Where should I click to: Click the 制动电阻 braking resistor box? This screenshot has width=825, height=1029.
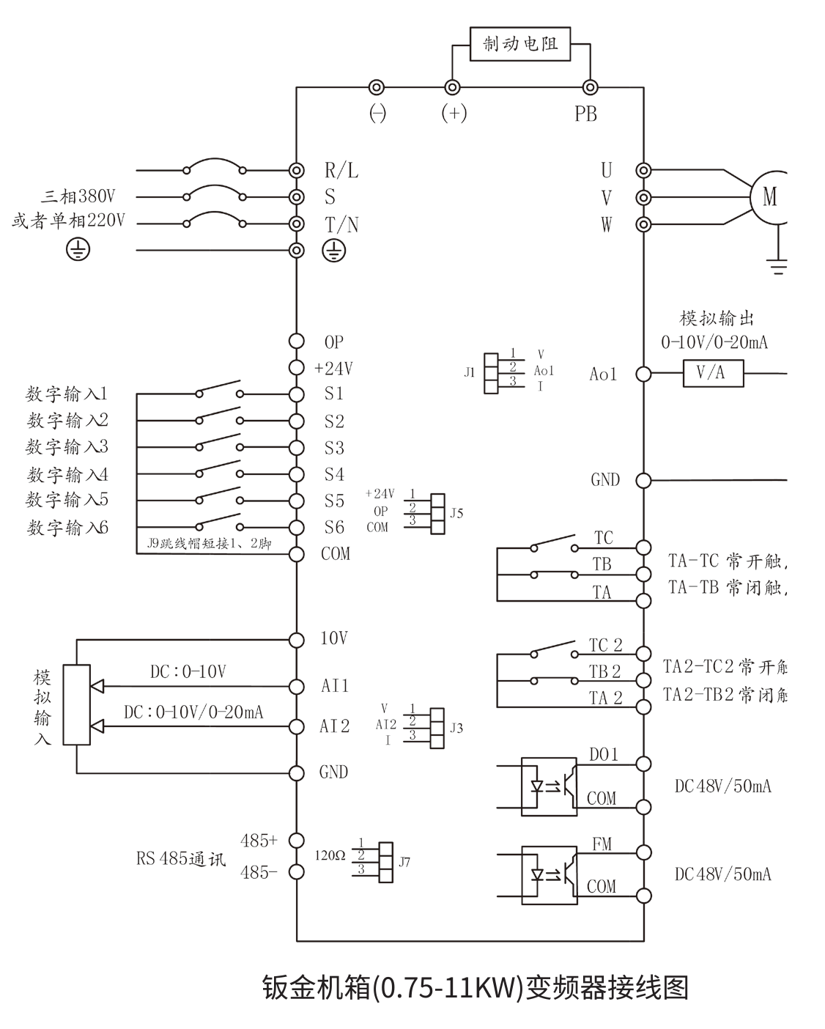(x=520, y=45)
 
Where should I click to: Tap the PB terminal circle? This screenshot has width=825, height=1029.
(x=589, y=87)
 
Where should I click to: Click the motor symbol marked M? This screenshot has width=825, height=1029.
(x=769, y=196)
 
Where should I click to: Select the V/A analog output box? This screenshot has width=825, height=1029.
(x=713, y=373)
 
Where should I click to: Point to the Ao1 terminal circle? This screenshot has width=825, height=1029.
(x=643, y=374)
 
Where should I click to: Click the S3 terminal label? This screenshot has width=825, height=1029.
(x=334, y=448)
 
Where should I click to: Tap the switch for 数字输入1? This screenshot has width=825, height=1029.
(x=218, y=388)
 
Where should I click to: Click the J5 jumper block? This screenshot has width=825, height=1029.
(x=437, y=512)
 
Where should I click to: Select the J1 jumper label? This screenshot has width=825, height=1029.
(x=470, y=372)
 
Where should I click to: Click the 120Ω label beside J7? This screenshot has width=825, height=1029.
(x=330, y=855)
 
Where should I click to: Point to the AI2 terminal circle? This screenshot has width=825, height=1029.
(x=296, y=726)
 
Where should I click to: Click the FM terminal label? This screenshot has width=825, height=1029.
(x=602, y=844)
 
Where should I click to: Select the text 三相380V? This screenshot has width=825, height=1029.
(x=78, y=196)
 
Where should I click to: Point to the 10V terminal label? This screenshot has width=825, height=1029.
(x=334, y=638)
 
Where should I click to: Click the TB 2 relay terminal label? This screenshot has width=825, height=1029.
(x=605, y=671)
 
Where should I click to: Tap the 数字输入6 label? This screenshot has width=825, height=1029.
(x=67, y=528)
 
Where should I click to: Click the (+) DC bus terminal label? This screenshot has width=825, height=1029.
(x=454, y=114)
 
